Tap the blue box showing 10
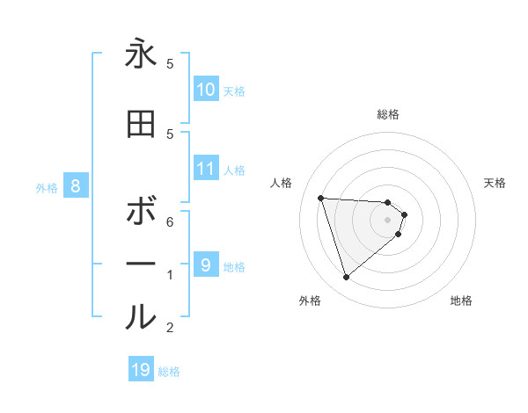pos(206,90)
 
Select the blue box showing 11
pos(206,169)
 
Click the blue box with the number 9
pos(206,264)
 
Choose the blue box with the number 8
pos(76,186)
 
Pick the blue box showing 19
pos(141,370)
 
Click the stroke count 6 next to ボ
pos(170,221)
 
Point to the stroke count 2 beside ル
pos(170,328)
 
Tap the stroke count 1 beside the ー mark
pos(170,275)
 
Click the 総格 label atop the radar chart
pos(387,114)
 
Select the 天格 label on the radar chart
pos(495,183)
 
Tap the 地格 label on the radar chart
pos(461,301)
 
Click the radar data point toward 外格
pos(346,278)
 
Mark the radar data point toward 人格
pos(320,198)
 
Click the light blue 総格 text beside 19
pos(169,372)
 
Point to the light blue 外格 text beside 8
pos(46,187)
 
